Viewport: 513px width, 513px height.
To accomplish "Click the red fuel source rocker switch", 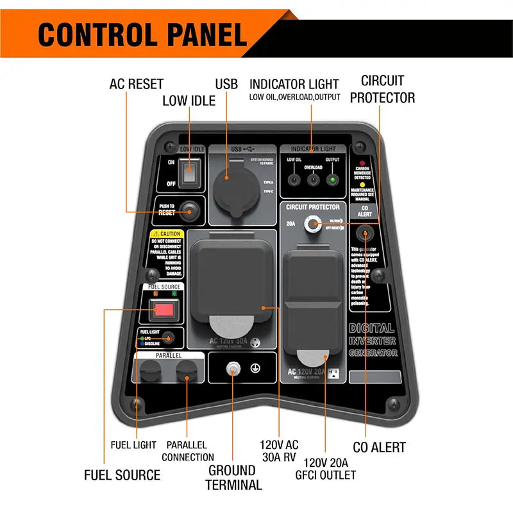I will coord(164,311).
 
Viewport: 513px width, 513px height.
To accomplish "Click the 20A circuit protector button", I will coord(314,224).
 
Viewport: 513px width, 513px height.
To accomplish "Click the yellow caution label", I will coord(165,251).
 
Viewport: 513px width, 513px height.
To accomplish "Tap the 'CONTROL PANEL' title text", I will coord(142,35).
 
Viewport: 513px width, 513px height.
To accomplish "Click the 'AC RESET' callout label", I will coord(136,84).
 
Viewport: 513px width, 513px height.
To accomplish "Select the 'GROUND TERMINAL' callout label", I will coord(234,477).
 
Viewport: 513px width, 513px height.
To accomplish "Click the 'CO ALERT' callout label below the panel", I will coord(380,447).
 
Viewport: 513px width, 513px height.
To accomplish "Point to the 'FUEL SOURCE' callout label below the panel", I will coord(122,475).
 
